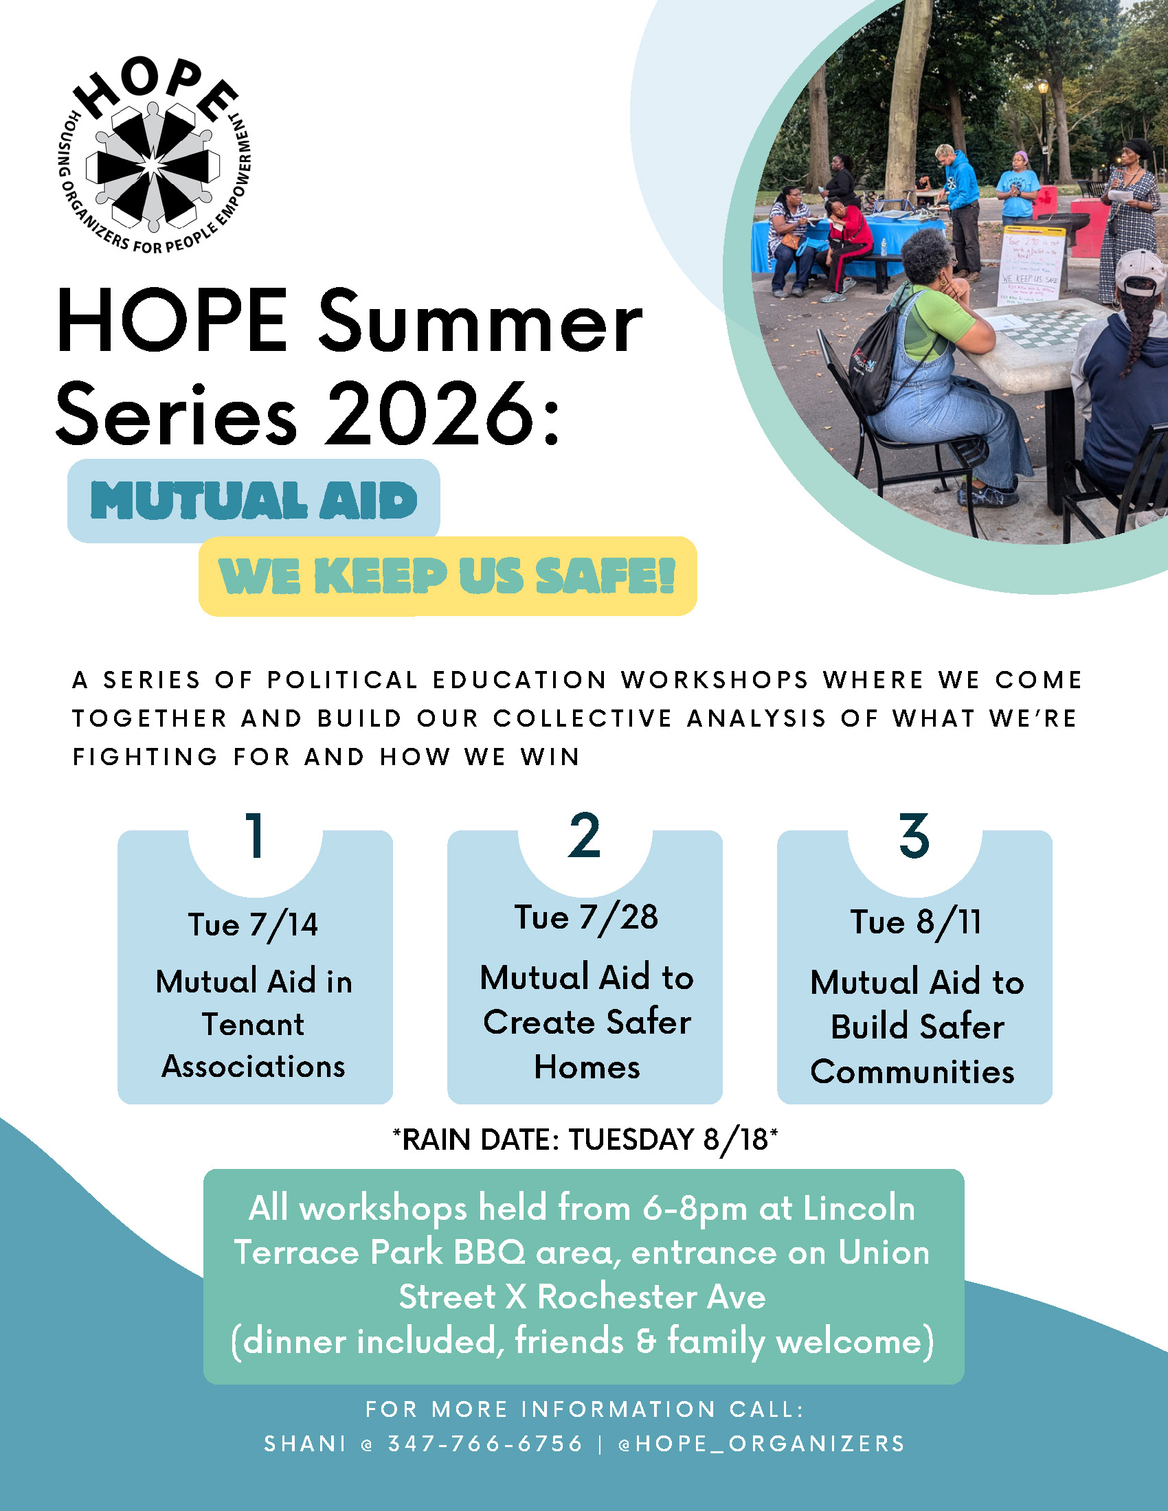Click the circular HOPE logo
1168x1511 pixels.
[x=154, y=157]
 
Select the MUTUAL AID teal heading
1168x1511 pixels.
[x=254, y=500]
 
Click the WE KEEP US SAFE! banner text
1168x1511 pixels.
[x=447, y=576]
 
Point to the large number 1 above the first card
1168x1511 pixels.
[x=256, y=836]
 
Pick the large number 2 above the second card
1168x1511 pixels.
[x=585, y=836]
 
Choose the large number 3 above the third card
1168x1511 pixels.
[x=914, y=836]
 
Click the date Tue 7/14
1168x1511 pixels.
[x=254, y=925]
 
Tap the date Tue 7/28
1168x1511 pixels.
[x=586, y=918]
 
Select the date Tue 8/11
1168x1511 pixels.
[x=915, y=922]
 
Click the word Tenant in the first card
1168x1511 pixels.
[x=254, y=1024]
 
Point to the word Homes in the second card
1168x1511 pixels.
[x=587, y=1067]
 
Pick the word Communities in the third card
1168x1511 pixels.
[x=912, y=1071]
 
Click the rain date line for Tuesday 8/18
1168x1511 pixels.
[x=585, y=1139]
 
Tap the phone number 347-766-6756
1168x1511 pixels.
[x=485, y=1443]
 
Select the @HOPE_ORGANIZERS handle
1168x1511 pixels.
[x=761, y=1444]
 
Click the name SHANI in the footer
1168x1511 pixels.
[x=305, y=1443]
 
